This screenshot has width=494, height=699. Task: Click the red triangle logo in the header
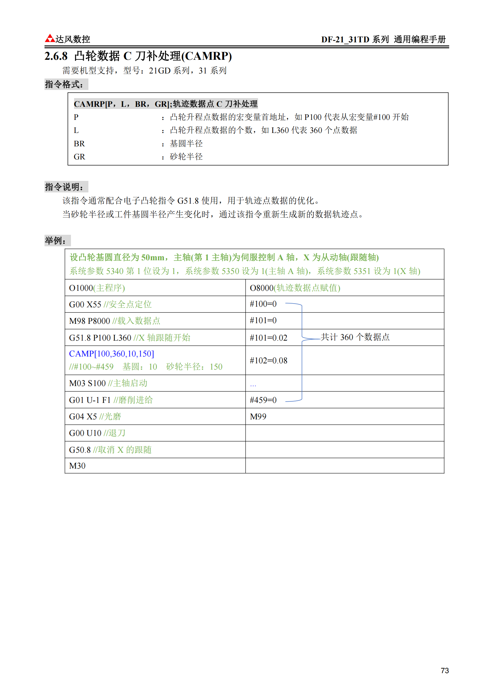pyautogui.click(x=50, y=38)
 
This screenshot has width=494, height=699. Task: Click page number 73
pyautogui.click(x=445, y=670)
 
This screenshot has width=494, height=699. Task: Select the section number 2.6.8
pyautogui.click(x=56, y=56)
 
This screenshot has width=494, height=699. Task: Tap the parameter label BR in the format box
pyautogui.click(x=79, y=144)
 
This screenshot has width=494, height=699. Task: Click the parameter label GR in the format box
pyautogui.click(x=79, y=157)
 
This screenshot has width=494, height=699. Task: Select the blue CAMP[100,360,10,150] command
pyautogui.click(x=111, y=354)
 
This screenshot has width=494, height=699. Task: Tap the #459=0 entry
pyautogui.click(x=263, y=400)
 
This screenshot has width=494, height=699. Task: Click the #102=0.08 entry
pyautogui.click(x=268, y=361)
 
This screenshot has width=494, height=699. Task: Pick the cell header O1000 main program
pyautogui.click(x=97, y=288)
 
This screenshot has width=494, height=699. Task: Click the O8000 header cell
pyautogui.click(x=295, y=288)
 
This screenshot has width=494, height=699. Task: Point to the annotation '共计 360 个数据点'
pyautogui.click(x=355, y=337)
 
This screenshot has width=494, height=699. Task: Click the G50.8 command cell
pyautogui.click(x=110, y=450)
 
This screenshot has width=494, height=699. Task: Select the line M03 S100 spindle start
pyautogui.click(x=108, y=383)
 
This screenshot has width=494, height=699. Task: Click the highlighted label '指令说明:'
pyautogui.click(x=66, y=187)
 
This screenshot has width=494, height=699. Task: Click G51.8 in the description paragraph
pyautogui.click(x=188, y=201)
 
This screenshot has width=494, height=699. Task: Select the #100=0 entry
pyautogui.click(x=263, y=304)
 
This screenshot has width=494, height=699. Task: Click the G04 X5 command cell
pyautogui.click(x=95, y=417)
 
